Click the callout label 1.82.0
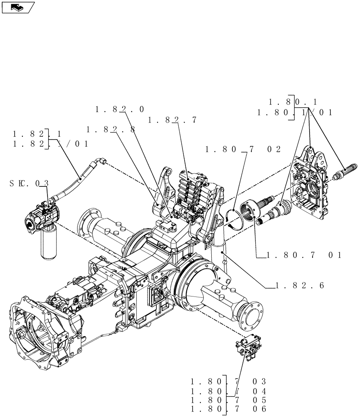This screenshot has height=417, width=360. [120, 110]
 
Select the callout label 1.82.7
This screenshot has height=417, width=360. [172, 120]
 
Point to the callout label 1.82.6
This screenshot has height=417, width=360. [300, 286]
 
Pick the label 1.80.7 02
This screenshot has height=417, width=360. [243, 149]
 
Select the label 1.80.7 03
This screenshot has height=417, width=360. [228, 382]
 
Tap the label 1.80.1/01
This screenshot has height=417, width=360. [295, 112]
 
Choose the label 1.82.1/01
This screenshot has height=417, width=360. [50, 144]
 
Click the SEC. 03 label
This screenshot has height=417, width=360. [30, 183]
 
